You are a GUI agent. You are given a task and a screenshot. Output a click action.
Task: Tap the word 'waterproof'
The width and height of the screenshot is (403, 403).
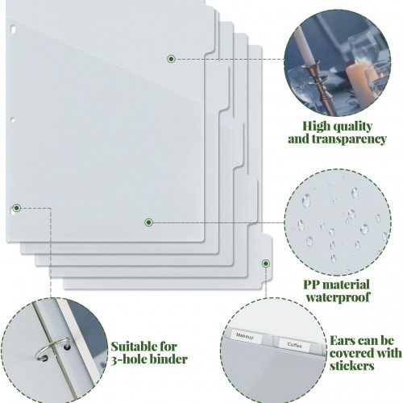[338, 297]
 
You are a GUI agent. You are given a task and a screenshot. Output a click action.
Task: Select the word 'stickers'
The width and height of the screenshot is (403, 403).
[352, 366]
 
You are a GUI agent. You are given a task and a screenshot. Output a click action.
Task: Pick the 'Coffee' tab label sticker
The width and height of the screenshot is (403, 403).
[294, 345]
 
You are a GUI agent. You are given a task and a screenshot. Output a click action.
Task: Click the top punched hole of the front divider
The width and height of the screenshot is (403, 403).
[13, 28]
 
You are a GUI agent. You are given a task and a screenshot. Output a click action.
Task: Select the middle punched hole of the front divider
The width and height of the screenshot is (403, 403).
[12, 120]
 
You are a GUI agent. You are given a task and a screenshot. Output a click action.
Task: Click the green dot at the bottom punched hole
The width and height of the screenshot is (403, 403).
[17, 208]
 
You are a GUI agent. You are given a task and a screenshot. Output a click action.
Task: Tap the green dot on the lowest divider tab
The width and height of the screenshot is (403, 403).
[266, 264]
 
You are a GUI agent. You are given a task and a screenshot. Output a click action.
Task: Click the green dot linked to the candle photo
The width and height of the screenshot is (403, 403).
[171, 59]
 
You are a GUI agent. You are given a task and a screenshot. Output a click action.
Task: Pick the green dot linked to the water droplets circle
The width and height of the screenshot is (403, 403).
[148, 222]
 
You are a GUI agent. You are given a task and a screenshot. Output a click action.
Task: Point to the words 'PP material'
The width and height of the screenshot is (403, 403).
[336, 285]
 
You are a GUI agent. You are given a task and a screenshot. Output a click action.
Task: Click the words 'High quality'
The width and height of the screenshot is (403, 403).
[338, 127]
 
